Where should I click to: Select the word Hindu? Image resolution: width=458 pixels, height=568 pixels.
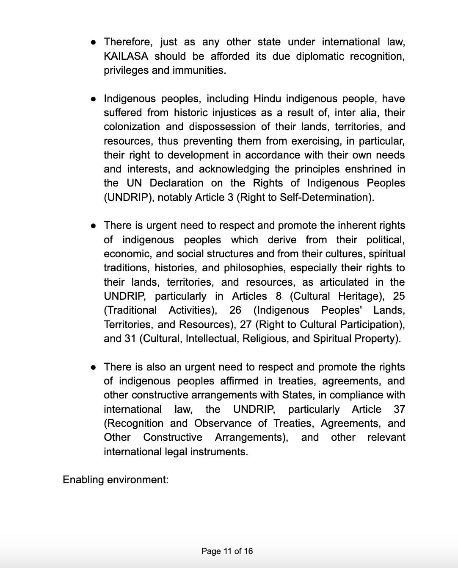coord(267,99)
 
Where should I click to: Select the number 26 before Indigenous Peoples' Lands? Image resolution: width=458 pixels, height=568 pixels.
coord(235,310)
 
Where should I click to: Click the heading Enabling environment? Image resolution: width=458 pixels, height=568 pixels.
coord(116,480)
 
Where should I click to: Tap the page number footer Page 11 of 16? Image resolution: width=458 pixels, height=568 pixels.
coord(227,551)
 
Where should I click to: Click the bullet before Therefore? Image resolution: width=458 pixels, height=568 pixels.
coord(93,42)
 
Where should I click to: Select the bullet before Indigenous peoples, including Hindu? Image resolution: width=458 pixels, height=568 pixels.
coord(93,99)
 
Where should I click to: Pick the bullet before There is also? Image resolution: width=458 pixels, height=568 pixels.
coord(93,367)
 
